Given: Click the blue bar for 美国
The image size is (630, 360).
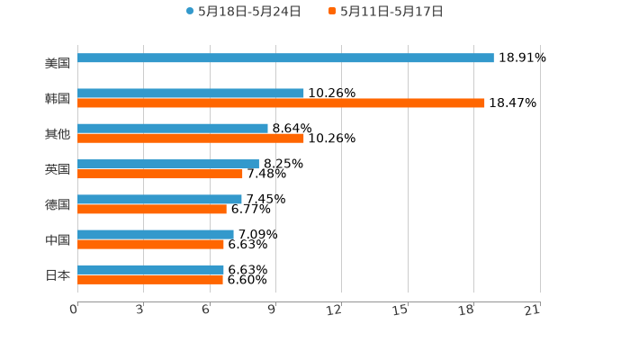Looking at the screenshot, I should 285,58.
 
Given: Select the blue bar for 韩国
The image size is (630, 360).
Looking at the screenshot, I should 191,94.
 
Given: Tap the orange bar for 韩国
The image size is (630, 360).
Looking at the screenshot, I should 281,103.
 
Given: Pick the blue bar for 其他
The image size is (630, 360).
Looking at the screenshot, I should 173,129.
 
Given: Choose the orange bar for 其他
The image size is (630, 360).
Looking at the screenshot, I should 191,139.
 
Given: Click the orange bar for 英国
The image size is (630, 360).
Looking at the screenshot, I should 160,174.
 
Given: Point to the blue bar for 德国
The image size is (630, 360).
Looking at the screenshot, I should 159,200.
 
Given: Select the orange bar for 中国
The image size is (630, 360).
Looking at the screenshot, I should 150,244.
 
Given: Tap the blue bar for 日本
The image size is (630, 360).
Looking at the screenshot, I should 150,270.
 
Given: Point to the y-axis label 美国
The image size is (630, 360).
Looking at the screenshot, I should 58,64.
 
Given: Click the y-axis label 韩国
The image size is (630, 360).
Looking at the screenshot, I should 58,99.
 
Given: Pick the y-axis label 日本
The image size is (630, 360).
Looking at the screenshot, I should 58,275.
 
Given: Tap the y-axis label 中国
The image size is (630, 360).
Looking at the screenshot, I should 58,240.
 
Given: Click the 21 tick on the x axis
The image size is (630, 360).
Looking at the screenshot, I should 533,310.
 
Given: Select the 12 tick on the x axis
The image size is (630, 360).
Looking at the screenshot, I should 335,310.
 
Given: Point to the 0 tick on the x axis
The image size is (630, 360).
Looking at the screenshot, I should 74,310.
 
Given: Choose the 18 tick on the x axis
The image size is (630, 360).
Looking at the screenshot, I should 466,310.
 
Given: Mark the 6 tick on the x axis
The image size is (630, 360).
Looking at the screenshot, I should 206,310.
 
